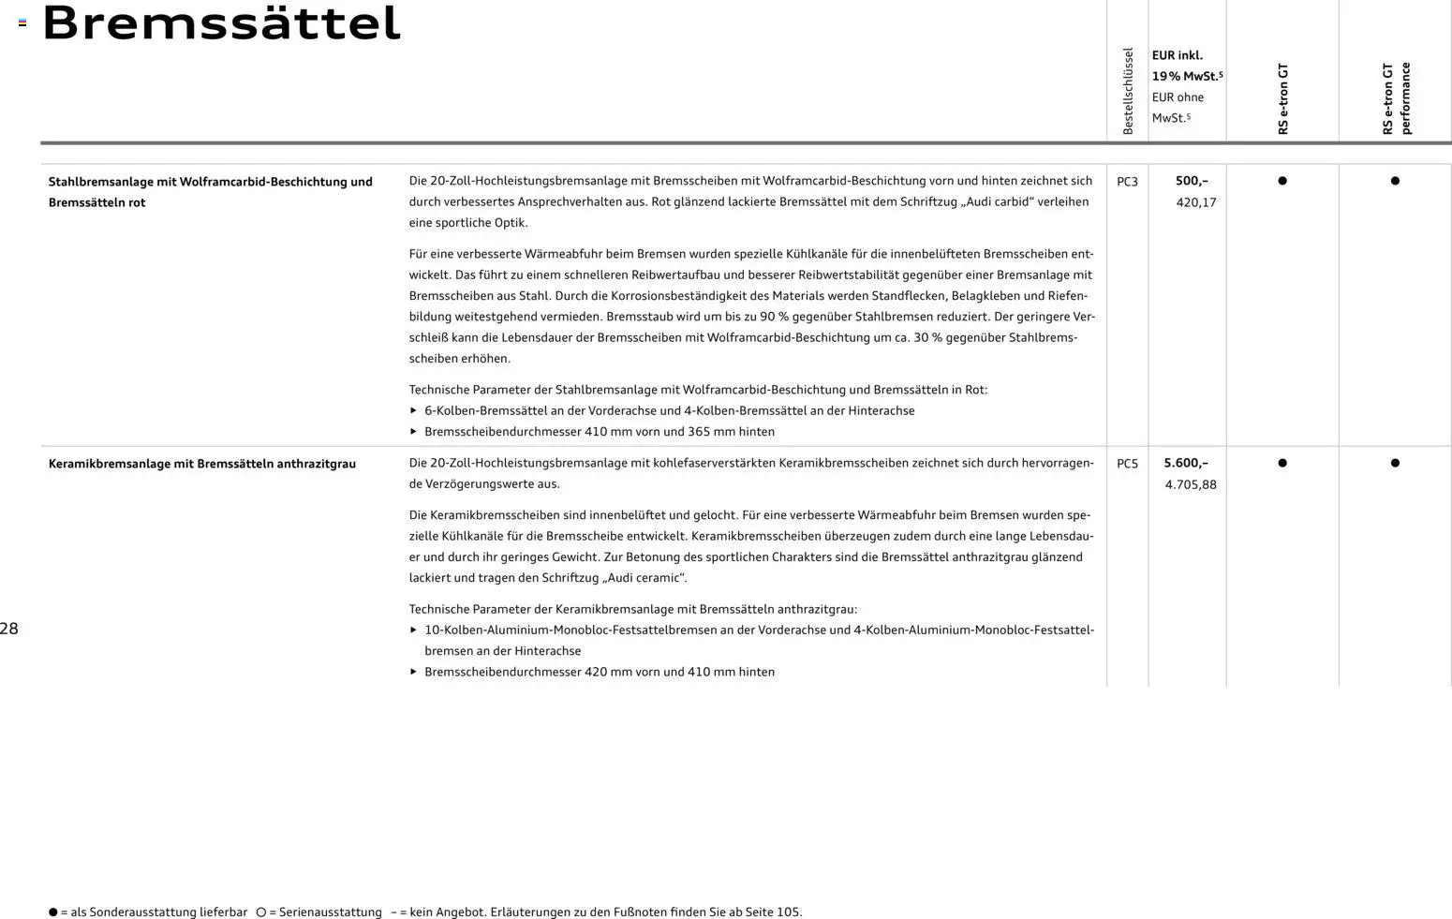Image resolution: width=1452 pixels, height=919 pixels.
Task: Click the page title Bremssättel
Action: pyautogui.click(x=221, y=23)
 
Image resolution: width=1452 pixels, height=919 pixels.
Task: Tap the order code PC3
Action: pyautogui.click(x=1127, y=182)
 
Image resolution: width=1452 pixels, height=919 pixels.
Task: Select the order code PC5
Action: pyautogui.click(x=1127, y=464)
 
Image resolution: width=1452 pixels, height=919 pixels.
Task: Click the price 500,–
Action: pyautogui.click(x=1192, y=181)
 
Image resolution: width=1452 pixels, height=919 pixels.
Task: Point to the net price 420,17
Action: pyautogui.click(x=1195, y=202)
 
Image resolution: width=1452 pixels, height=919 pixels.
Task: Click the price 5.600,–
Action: pyautogui.click(x=1185, y=463)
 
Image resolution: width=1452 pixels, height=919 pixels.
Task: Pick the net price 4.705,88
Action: pyautogui.click(x=1190, y=484)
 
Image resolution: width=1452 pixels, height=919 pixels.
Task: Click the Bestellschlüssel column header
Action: pyautogui.click(x=1128, y=91)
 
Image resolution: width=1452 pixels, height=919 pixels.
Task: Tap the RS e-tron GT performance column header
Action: pyautogui.click(x=1396, y=98)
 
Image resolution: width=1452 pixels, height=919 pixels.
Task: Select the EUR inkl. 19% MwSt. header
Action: pyautogui.click(x=1186, y=66)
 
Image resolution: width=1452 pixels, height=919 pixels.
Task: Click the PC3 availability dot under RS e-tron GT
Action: pyautogui.click(x=1282, y=181)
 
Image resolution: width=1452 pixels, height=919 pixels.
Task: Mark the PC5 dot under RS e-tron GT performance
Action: pyautogui.click(x=1395, y=463)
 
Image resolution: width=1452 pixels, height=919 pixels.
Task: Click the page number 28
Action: pyautogui.click(x=9, y=629)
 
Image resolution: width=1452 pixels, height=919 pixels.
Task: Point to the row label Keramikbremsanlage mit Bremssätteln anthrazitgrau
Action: pyautogui.click(x=201, y=464)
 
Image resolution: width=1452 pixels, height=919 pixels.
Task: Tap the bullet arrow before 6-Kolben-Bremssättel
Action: pyautogui.click(x=413, y=410)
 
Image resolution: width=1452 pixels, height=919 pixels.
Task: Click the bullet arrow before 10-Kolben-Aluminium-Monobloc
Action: pyautogui.click(x=413, y=630)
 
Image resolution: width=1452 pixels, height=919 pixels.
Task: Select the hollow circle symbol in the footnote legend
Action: pyautogui.click(x=261, y=912)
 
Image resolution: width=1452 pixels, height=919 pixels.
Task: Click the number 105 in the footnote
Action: pyautogui.click(x=788, y=912)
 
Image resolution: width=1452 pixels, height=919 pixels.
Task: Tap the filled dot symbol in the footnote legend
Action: pyautogui.click(x=53, y=912)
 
